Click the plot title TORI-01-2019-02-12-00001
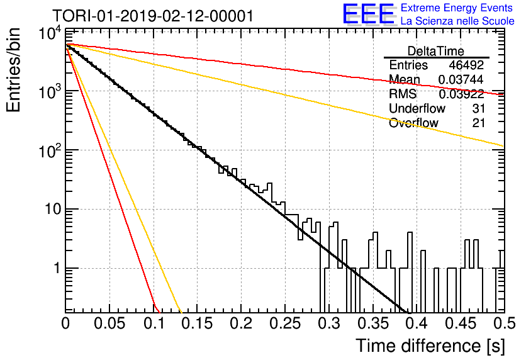point(153,16)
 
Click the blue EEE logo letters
point(369,14)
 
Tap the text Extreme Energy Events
point(457,8)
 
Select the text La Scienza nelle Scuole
point(457,21)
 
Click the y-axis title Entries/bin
point(14,70)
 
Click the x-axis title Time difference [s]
point(430,346)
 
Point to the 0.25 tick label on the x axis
point(285,323)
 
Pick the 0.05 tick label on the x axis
point(109,323)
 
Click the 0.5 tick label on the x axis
point(504,323)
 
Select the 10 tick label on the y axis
point(53,210)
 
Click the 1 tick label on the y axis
point(57,268)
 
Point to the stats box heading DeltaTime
point(436,51)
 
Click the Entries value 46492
point(466,65)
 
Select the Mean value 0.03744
point(461,79)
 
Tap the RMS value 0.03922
point(461,94)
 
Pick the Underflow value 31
point(478,108)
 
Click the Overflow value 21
point(478,123)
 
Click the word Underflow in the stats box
point(417,108)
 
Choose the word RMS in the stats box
point(403,94)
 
